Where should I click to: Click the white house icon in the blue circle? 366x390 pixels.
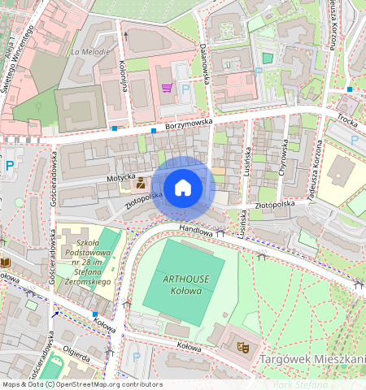pos(183,188)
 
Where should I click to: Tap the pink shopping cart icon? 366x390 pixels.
pos(167,88)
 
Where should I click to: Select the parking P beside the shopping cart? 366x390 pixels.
pos(185,89)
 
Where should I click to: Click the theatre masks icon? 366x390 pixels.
pos(242,346)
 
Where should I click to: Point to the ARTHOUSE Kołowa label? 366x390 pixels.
pos(188,284)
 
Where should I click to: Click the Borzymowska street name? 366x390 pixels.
pos(189,122)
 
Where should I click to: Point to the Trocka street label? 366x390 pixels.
pos(347,119)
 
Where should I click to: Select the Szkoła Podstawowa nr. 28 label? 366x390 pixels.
pos(87,261)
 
